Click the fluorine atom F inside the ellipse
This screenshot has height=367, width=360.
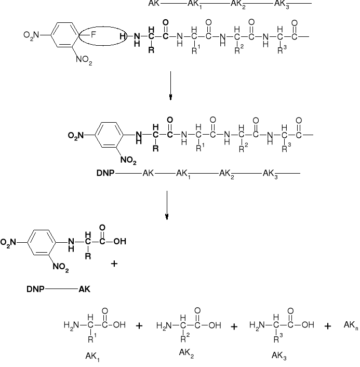point(94,35)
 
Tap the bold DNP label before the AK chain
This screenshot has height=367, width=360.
point(104,173)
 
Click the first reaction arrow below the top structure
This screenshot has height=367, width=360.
point(170,86)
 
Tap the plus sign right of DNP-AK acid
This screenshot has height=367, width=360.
point(115,264)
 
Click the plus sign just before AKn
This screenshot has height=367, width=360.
point(328,326)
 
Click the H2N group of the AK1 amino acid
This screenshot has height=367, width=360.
point(72,326)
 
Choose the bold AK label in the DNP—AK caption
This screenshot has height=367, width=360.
point(84,289)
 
